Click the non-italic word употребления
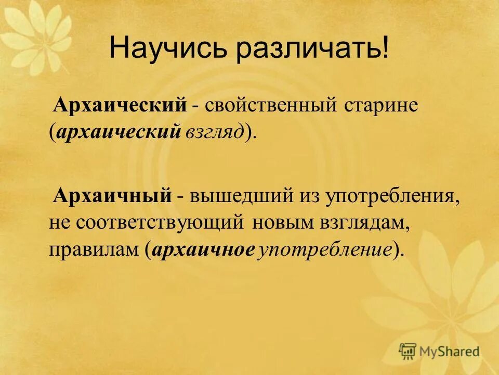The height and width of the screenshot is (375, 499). click(x=393, y=197)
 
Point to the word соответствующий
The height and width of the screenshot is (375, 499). click(x=161, y=223)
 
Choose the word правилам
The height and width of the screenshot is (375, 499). click(x=94, y=249)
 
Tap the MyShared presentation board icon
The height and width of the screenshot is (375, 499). click(x=408, y=351)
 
